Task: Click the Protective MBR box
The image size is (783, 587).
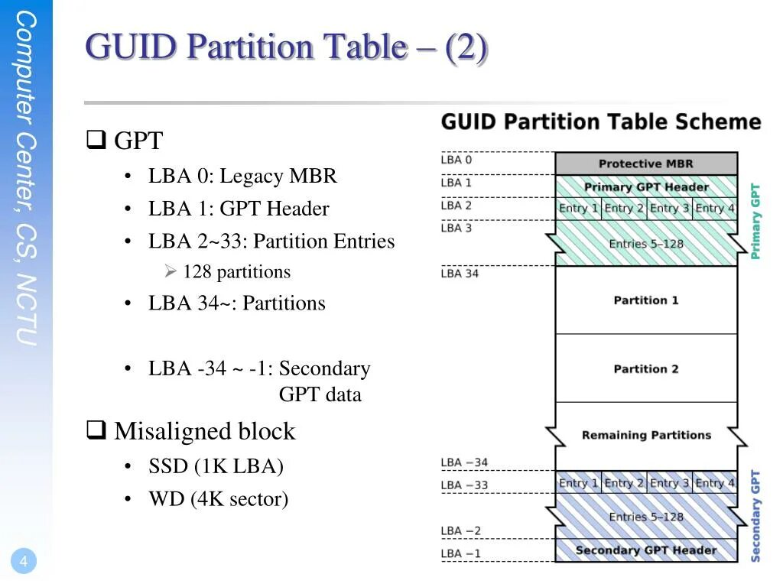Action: (646, 164)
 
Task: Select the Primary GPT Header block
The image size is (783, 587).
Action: (646, 187)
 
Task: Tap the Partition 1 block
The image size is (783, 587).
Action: (646, 300)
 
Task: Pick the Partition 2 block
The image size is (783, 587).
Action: (646, 369)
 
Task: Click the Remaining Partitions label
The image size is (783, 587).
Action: (646, 436)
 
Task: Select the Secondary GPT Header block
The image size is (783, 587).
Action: (646, 550)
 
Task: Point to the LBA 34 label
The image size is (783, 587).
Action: (460, 274)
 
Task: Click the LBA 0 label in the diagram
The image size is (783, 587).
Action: (456, 160)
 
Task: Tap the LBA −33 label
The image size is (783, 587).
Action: (464, 485)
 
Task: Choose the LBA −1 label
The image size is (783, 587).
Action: (461, 553)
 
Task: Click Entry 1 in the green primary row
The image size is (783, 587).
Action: (578, 208)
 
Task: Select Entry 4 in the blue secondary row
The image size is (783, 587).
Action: (715, 483)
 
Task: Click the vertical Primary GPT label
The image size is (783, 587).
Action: (755, 222)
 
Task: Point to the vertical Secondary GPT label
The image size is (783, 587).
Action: (755, 516)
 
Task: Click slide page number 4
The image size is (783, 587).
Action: (24, 563)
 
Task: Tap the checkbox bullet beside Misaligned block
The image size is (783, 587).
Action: (96, 431)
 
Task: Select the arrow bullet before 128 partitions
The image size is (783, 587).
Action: (171, 272)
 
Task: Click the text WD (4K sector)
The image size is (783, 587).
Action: (218, 500)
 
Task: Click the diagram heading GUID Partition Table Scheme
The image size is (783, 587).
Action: (601, 122)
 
